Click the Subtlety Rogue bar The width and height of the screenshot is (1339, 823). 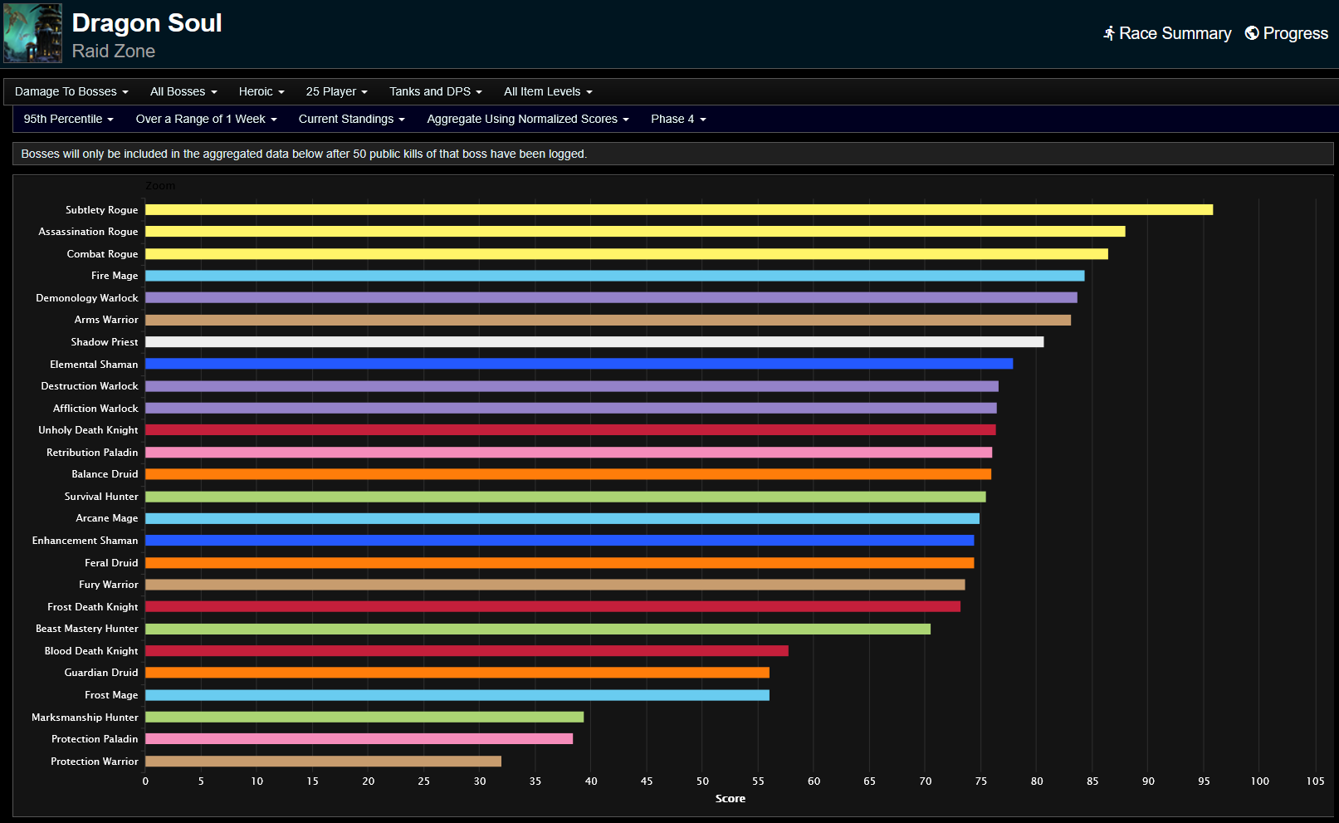click(678, 209)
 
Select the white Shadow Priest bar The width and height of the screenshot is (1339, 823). click(594, 342)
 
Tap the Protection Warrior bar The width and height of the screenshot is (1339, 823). click(323, 761)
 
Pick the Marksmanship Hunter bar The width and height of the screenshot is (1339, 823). click(364, 717)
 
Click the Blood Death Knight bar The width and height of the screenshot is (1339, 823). click(467, 651)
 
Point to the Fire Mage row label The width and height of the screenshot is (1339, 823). click(115, 276)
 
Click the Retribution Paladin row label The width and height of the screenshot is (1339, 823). click(92, 453)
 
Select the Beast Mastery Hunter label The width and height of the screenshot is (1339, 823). click(86, 629)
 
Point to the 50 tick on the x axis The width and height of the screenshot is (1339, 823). click(702, 781)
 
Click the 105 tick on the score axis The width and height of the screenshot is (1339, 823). click(1315, 781)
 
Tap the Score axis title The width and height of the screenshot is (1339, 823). click(730, 799)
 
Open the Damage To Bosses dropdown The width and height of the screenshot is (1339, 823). click(71, 91)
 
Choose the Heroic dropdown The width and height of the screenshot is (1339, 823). click(261, 91)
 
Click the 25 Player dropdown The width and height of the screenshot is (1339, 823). click(336, 91)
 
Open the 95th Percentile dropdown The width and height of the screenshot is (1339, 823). click(68, 119)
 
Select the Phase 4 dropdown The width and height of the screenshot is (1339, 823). click(678, 119)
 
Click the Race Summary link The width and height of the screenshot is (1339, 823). click(1167, 33)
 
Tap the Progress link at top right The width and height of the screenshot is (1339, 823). click(1287, 33)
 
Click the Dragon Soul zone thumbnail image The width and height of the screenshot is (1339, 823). click(33, 33)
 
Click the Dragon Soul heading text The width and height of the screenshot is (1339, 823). click(147, 23)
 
